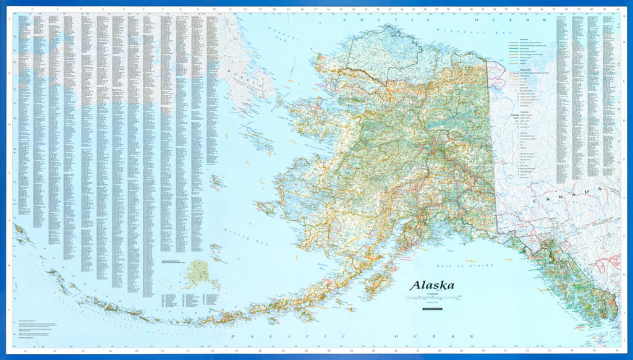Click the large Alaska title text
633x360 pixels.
point(431,286)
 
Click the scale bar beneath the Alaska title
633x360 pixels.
point(430,298)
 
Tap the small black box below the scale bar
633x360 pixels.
point(430,307)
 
